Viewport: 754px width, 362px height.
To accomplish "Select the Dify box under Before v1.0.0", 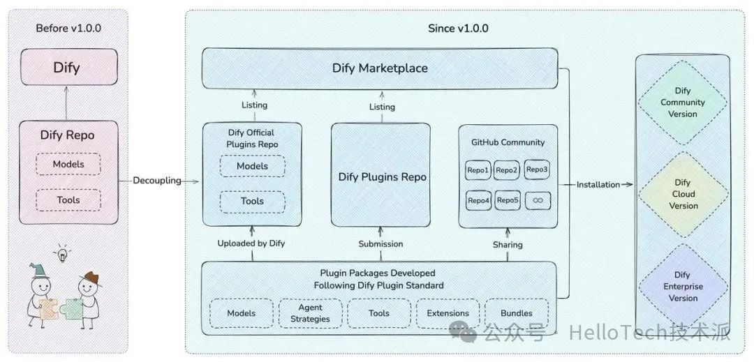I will point(67,68).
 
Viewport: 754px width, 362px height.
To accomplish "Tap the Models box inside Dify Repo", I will point(68,164).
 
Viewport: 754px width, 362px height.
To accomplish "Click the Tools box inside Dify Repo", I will point(68,200).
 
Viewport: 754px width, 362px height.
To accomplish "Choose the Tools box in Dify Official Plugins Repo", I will point(252,201).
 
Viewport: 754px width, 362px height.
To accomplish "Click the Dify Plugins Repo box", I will point(382,176).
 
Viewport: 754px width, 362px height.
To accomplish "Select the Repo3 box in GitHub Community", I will point(537,169).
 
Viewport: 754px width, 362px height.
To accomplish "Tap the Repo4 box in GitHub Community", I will point(479,201).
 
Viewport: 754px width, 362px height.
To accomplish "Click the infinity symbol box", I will point(538,201).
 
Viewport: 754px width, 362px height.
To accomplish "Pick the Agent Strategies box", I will point(311,314).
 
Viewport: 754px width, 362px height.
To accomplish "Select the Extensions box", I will point(448,314).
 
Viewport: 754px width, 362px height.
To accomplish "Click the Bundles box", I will point(516,314).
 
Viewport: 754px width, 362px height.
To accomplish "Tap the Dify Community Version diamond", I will point(683,103).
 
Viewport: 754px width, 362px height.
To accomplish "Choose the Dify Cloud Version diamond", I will point(683,195).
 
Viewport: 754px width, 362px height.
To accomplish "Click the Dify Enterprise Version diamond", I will point(683,287).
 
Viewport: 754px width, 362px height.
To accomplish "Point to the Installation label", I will point(598,185).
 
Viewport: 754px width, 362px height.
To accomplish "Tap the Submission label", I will point(380,244).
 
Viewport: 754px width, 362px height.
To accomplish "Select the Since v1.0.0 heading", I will point(457,29).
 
